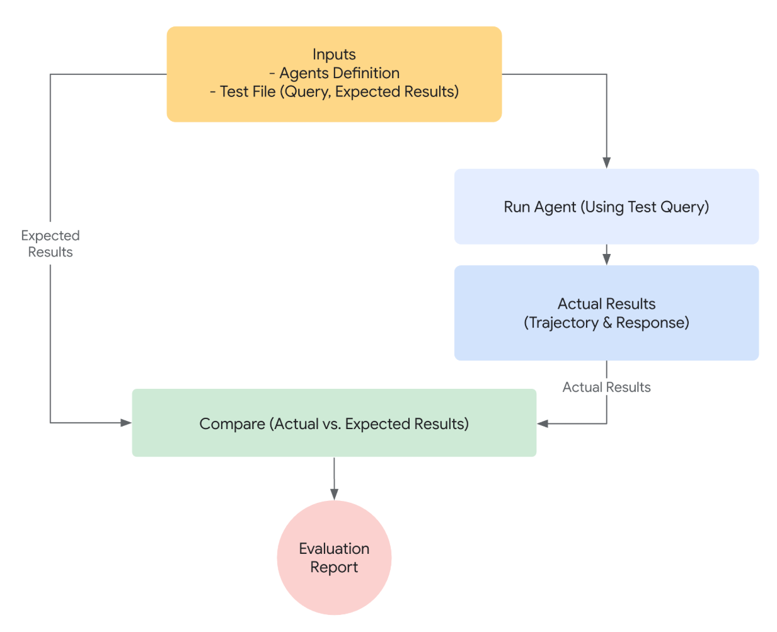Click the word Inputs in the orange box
[334, 54]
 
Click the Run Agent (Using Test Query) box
[606, 207]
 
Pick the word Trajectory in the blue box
[563, 323]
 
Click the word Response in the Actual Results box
[650, 323]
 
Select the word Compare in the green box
[232, 424]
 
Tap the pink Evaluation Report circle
[334, 558]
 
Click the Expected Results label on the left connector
[50, 244]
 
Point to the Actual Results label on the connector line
[606, 387]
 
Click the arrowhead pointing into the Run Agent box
[607, 163]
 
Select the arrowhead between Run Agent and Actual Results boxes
[607, 260]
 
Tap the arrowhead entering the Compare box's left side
[126, 423]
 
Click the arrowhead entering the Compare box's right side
[543, 423]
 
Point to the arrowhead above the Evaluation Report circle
[334, 495]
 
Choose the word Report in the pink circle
[334, 567]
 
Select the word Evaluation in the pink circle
[334, 548]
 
